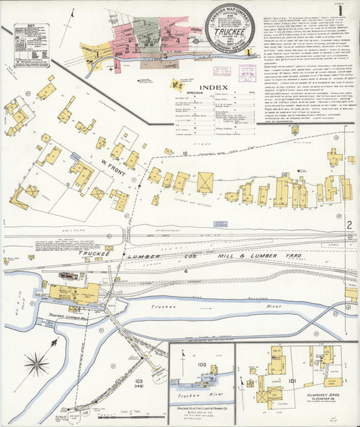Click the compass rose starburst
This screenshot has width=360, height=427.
[x=37, y=365]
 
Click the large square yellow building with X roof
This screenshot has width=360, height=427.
[x=205, y=182]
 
